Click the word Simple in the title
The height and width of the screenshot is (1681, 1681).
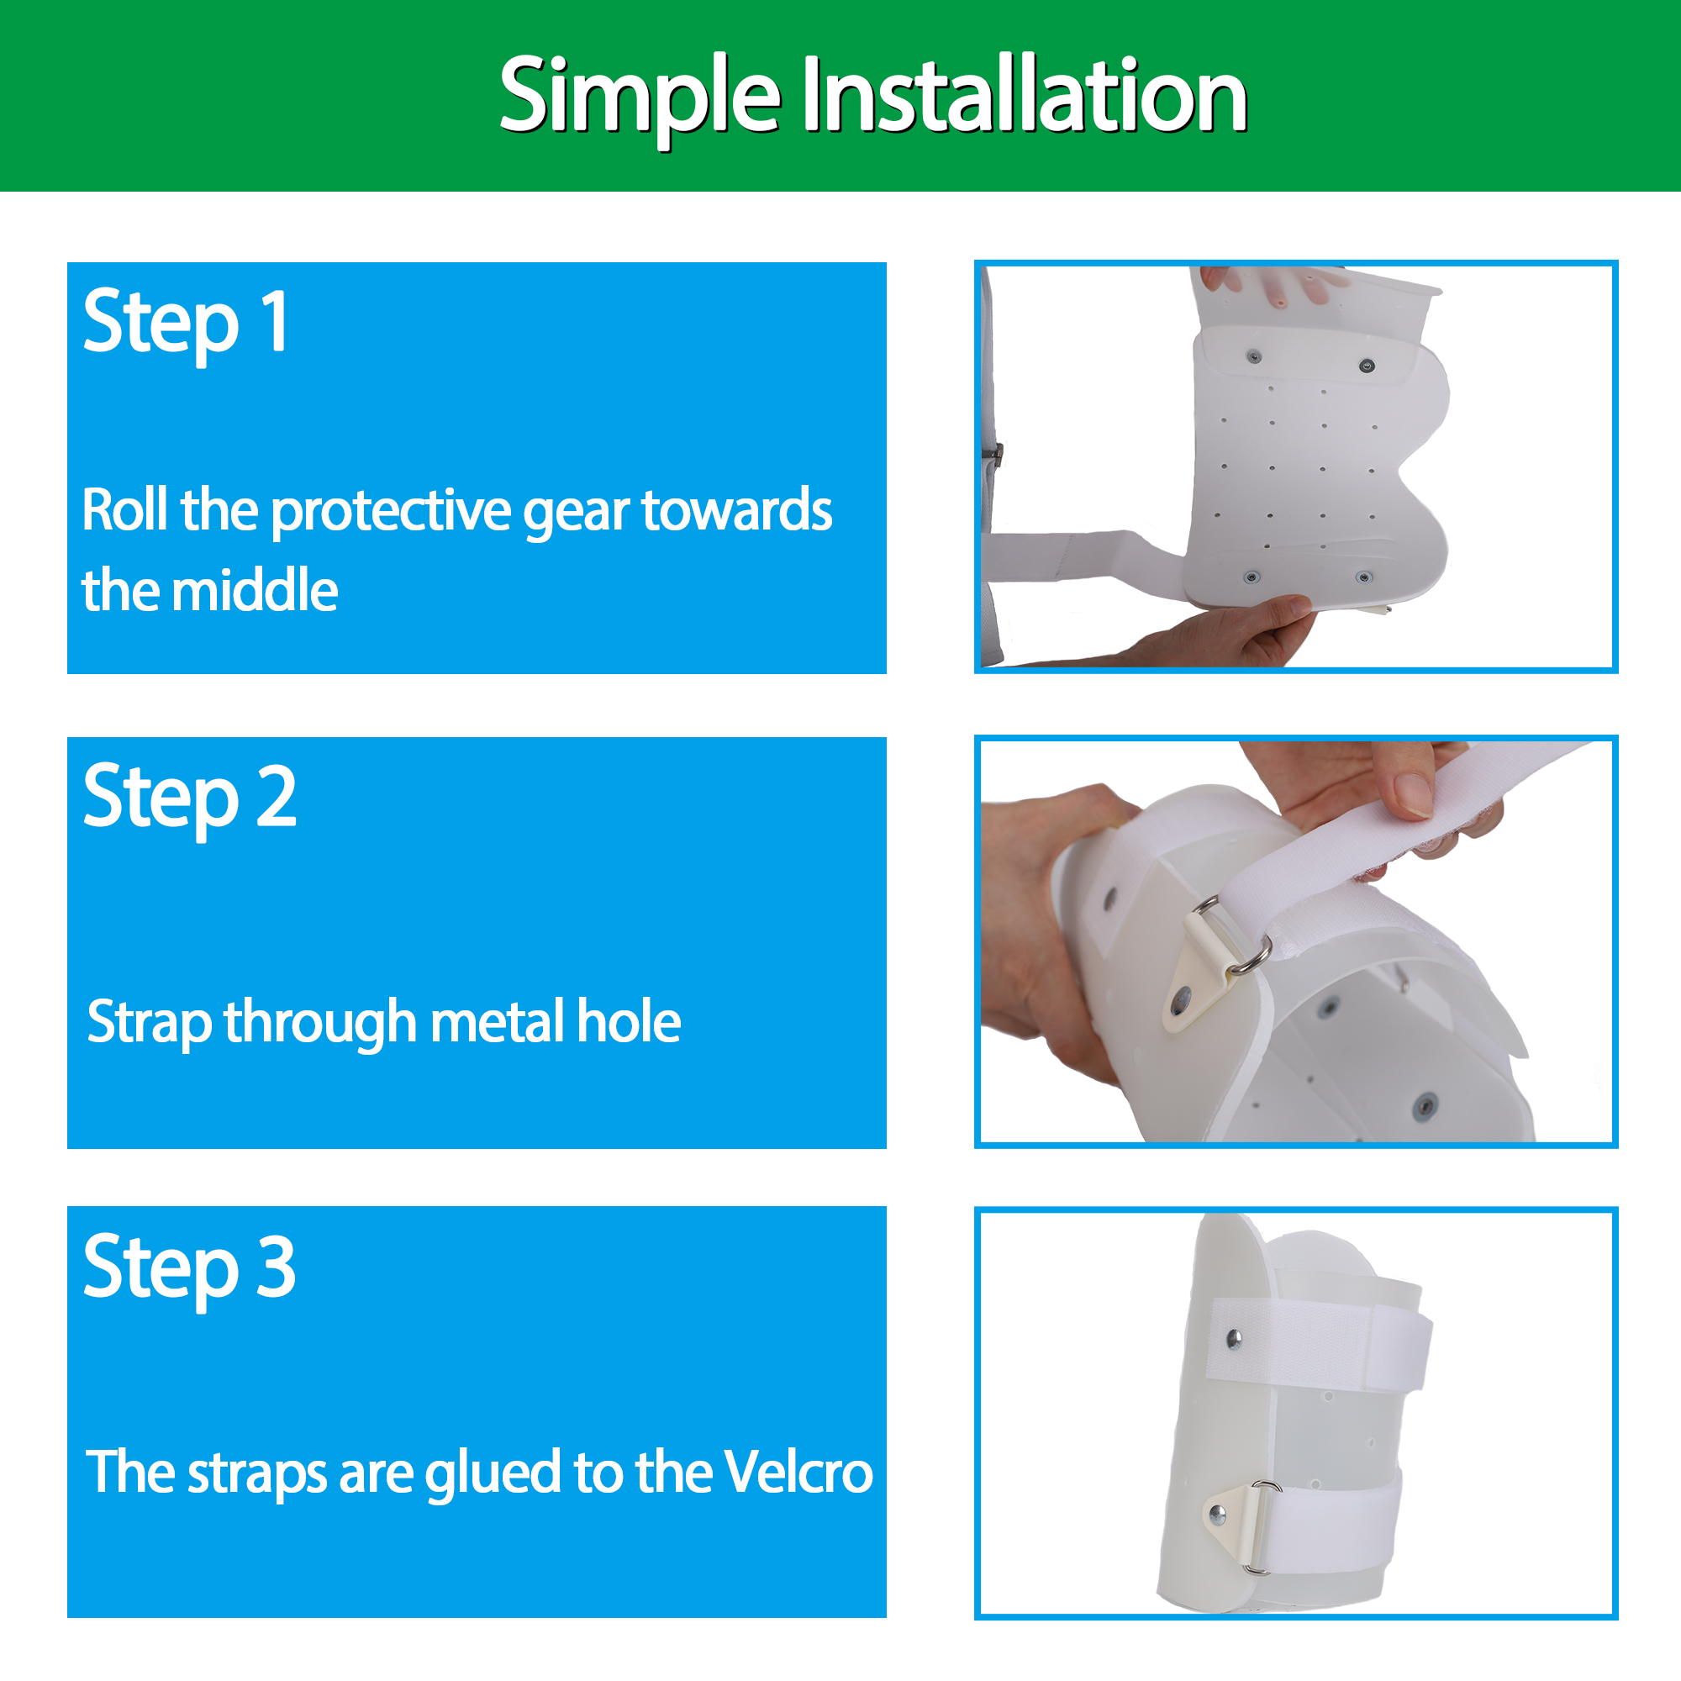(640, 97)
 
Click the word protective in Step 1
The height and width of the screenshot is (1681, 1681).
(392, 512)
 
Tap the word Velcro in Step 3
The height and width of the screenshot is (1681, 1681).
(798, 1472)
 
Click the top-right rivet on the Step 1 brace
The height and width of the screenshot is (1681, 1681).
(1367, 366)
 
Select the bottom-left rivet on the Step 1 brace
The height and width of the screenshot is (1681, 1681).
(1252, 577)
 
